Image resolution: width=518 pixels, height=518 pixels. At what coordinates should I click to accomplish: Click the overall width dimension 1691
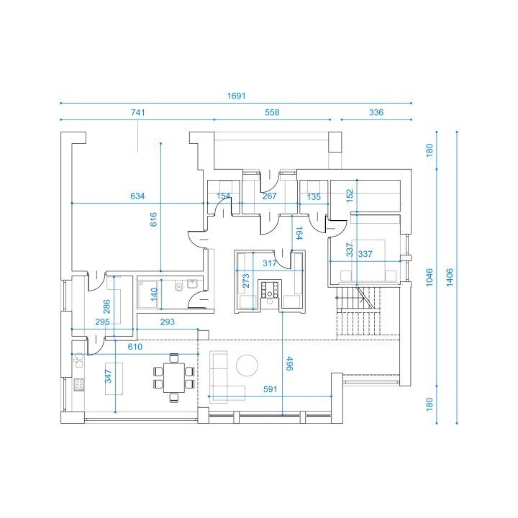point(236,96)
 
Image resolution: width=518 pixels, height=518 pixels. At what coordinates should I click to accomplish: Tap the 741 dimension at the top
point(137,112)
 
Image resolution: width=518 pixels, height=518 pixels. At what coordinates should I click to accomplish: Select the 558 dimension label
point(272,112)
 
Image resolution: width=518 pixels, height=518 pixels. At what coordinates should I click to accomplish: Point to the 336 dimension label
point(376,112)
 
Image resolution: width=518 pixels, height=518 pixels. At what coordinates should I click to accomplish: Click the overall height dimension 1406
point(450,277)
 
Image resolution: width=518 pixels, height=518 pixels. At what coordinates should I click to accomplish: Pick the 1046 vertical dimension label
point(429,277)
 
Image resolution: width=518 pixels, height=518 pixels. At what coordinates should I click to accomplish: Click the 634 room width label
point(137,196)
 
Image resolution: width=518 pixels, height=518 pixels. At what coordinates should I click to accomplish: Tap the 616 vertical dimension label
point(153,219)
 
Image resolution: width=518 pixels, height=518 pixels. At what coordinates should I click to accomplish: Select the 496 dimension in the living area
point(289,363)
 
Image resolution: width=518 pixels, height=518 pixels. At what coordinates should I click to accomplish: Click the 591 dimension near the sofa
point(271,389)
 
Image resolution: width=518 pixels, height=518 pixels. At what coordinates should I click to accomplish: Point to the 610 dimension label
point(135,347)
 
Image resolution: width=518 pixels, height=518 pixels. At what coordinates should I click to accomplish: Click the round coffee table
point(247,365)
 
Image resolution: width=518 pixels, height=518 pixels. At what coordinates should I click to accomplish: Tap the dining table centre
point(174,378)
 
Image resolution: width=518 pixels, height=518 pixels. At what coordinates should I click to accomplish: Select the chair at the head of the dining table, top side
point(174,358)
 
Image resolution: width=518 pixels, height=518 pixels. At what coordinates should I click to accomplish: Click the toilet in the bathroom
point(178,286)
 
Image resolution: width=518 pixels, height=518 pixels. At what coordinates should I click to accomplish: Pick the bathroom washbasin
point(192,284)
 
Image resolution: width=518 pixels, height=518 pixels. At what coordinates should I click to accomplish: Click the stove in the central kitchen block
point(271,289)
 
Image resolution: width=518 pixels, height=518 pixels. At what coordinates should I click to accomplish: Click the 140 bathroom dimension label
point(154,294)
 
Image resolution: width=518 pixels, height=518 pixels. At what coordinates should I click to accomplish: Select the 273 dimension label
point(246,281)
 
